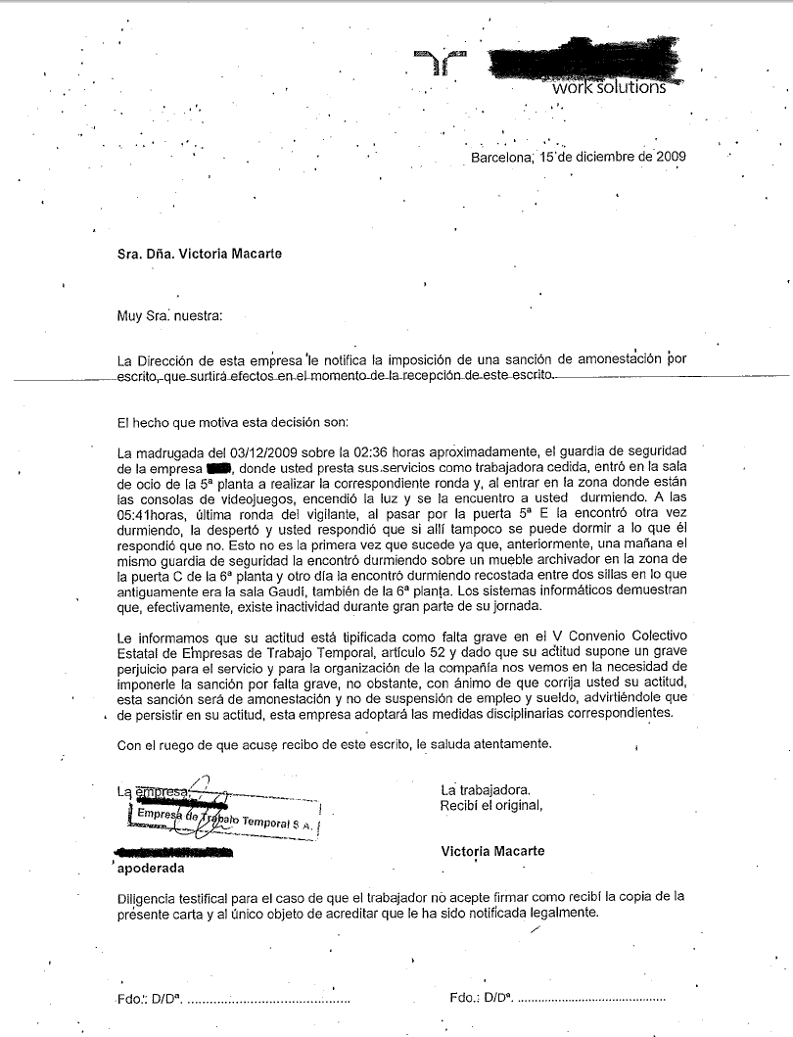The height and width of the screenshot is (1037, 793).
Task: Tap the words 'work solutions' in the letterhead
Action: [x=608, y=87]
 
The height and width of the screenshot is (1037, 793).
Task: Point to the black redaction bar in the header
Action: [x=578, y=65]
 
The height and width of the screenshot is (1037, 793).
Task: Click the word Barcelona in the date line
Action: [x=500, y=157]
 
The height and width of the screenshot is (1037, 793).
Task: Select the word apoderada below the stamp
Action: [x=150, y=868]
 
